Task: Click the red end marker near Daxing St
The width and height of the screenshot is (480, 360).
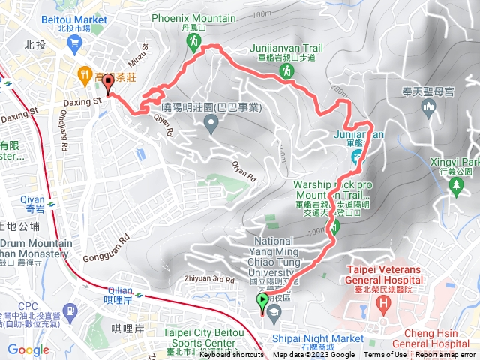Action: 108,84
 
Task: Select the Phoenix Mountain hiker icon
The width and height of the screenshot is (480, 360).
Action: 193,43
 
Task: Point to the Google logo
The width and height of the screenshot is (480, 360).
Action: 28,349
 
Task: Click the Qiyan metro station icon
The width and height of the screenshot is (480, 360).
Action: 50,202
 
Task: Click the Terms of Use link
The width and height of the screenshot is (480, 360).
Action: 385,355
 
